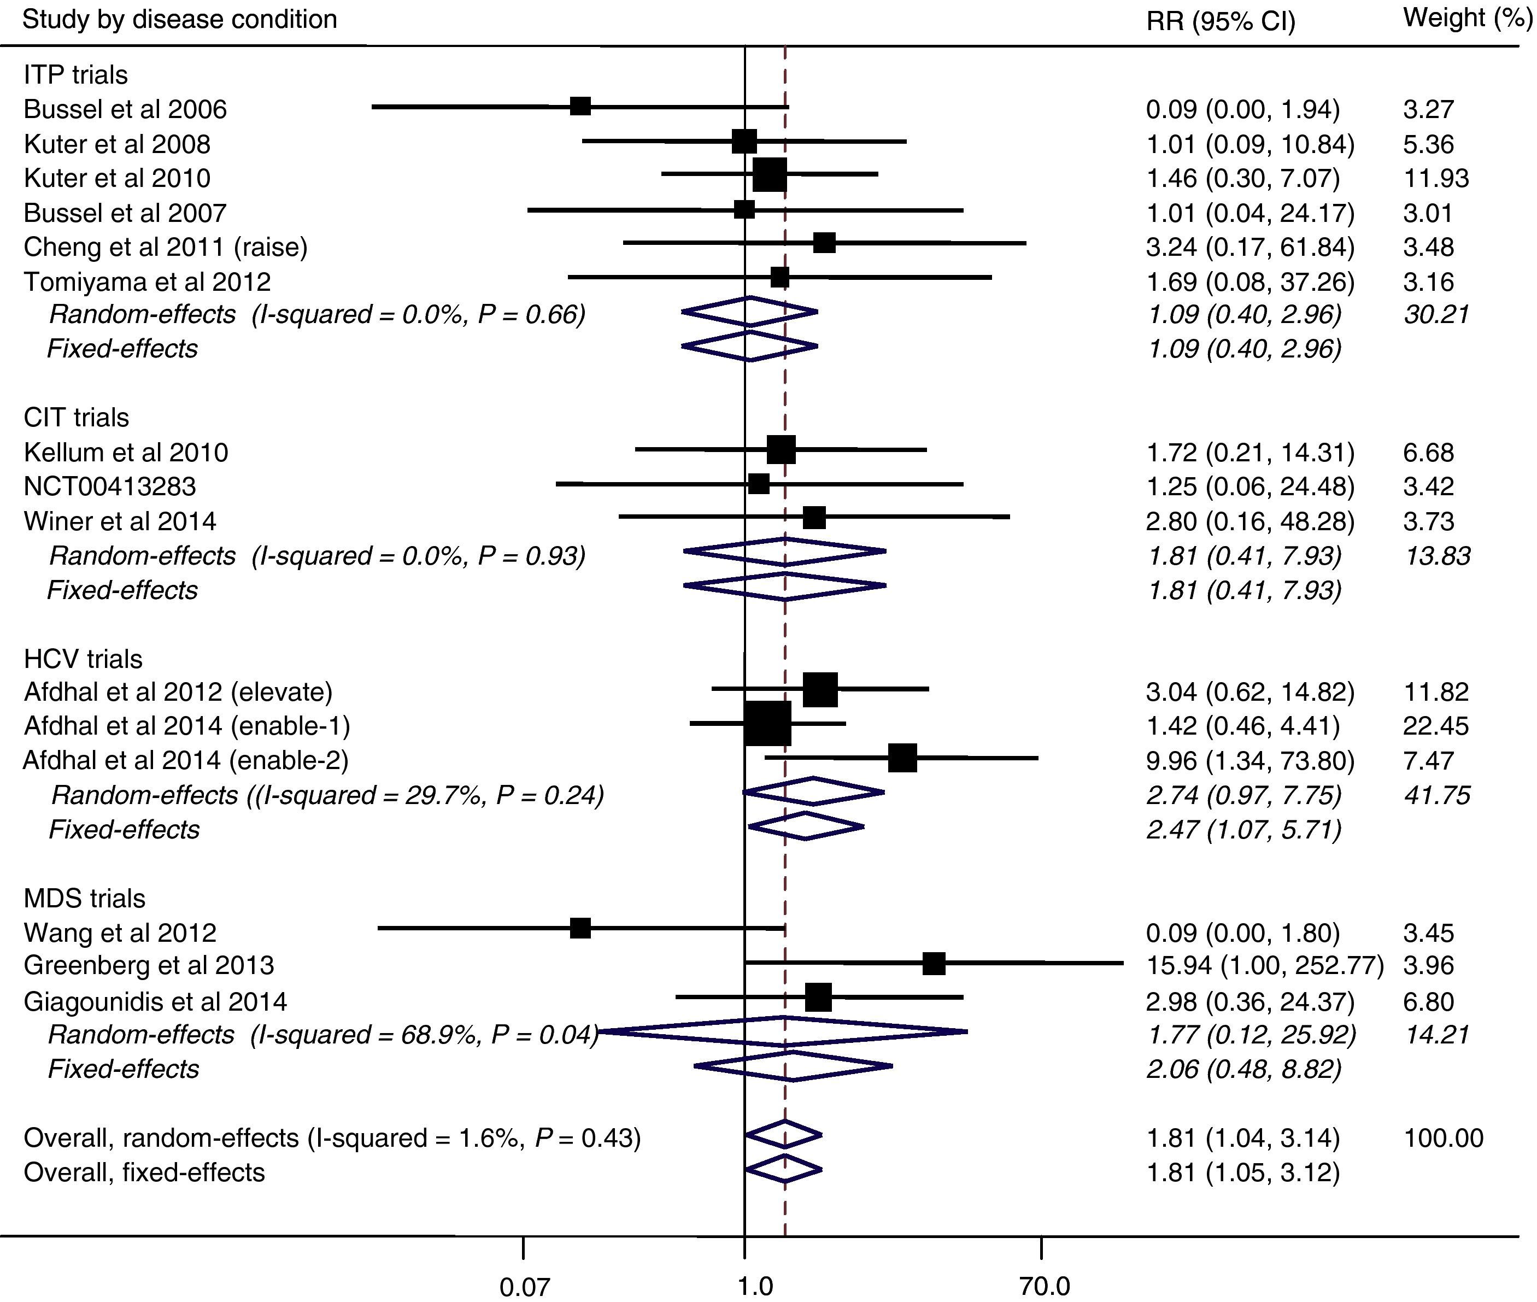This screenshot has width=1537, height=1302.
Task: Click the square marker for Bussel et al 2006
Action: click(x=580, y=106)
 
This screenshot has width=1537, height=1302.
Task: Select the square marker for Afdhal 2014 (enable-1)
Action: click(x=767, y=723)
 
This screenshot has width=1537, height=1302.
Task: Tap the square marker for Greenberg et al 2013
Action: click(x=934, y=963)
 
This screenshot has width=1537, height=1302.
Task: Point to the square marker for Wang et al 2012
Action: click(x=580, y=929)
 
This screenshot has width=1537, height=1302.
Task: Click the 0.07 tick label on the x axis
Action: click(x=524, y=1287)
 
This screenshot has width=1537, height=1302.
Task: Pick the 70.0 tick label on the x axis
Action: click(x=1044, y=1287)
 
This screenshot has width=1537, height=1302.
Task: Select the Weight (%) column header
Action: click(x=1467, y=19)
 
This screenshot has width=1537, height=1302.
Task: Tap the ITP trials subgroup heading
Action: click(x=75, y=74)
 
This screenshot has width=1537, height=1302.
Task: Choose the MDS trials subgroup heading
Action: click(x=84, y=898)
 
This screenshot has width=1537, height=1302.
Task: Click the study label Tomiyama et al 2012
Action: click(x=147, y=281)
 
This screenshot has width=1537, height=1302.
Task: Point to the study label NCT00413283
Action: click(x=110, y=486)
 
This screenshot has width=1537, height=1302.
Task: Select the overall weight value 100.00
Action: click(x=1442, y=1138)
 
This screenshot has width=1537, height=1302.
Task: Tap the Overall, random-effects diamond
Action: click(x=784, y=1134)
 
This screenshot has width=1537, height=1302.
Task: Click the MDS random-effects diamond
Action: click(x=784, y=1032)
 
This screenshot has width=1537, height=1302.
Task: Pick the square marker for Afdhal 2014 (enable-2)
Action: click(x=903, y=758)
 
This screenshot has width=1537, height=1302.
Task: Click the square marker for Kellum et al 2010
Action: click(x=782, y=449)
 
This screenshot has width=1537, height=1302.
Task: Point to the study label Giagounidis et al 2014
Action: click(x=155, y=1001)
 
